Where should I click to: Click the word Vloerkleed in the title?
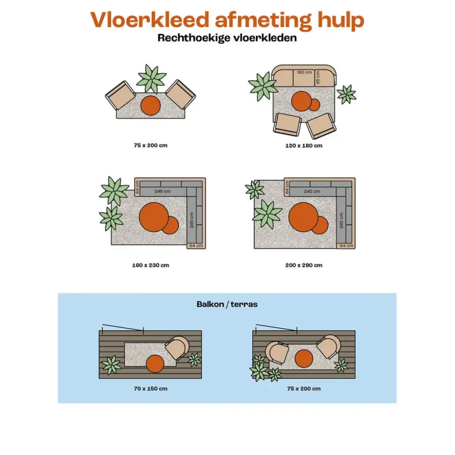150,20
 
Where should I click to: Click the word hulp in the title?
341,21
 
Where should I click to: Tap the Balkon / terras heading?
227,304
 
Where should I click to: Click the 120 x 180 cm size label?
304,146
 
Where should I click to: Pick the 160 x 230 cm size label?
151,265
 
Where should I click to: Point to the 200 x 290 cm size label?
304,265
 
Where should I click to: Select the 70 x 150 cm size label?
151,388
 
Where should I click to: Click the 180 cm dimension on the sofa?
304,72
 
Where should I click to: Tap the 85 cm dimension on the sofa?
318,77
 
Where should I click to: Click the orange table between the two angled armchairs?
150,106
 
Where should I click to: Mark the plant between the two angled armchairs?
151,79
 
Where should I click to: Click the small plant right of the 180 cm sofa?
346,94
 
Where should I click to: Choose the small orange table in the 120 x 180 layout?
314,105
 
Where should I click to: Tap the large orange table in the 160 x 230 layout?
154,217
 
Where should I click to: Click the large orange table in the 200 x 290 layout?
303,217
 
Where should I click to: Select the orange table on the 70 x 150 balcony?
155,364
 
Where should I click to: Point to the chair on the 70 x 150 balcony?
177,348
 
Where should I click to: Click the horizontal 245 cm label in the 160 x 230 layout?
162,191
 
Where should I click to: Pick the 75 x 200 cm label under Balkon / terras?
304,388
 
